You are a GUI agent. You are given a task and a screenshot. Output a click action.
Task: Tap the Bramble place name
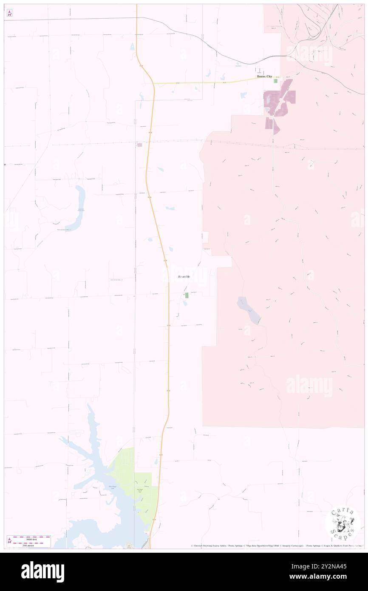coord(184,277)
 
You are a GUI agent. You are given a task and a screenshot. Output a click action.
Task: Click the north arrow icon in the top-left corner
coord(9,13)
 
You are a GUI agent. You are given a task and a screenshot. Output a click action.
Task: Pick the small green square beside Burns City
coord(275,81)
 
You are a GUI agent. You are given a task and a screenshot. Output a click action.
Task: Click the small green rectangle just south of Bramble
coord(187,295)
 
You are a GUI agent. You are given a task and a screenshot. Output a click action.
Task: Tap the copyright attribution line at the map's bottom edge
coord(276,546)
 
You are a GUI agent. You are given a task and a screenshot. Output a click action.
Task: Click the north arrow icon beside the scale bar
coord(9,540)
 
